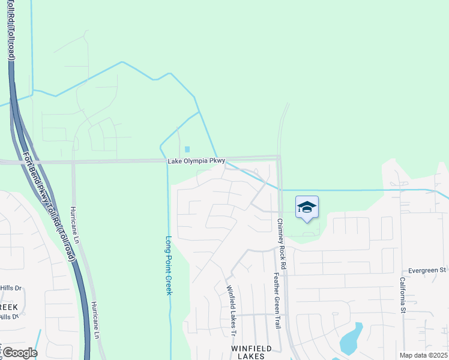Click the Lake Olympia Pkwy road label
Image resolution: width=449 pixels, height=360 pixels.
(x=196, y=161)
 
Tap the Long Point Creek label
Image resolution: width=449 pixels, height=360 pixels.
(x=169, y=265)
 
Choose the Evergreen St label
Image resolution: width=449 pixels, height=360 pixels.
(x=427, y=271)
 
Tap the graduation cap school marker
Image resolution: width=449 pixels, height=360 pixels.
(x=307, y=207)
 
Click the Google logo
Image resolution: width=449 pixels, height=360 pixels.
(x=19, y=352)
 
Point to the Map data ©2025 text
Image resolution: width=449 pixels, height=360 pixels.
(x=423, y=355)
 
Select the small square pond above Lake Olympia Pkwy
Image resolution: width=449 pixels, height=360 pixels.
(x=187, y=149)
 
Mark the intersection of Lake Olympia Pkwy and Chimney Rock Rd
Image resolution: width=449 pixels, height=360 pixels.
(x=279, y=158)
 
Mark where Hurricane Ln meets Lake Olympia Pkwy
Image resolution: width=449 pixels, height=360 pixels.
(x=73, y=162)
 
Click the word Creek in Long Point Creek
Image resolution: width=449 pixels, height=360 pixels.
(x=169, y=282)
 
